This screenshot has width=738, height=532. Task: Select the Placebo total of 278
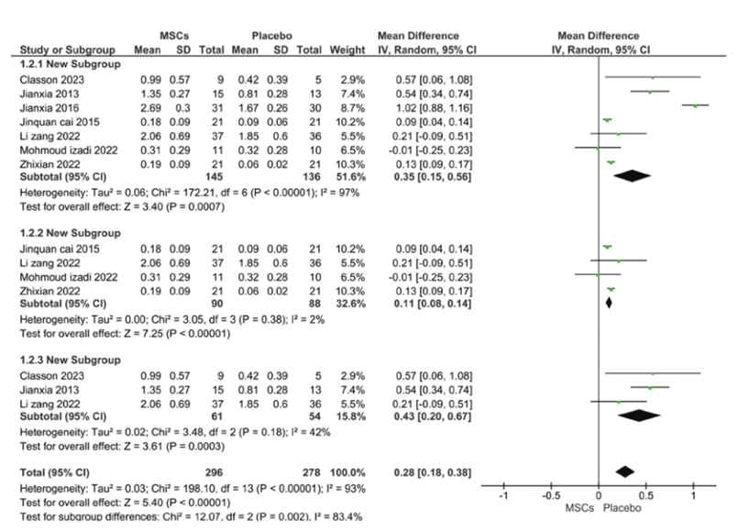pos(310,471)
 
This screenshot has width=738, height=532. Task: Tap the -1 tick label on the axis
pos(502,495)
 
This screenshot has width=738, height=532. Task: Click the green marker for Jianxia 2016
pos(696,106)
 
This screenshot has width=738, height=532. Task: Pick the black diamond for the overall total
pos(624,471)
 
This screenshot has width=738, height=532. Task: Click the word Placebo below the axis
pos(622,507)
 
